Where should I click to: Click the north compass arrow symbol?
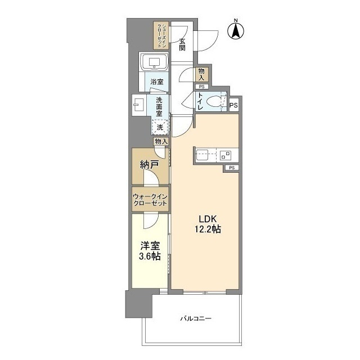point(236,31)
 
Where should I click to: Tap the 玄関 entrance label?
point(182,44)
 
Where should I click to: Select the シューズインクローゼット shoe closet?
point(161,35)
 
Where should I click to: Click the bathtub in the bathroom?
point(154,62)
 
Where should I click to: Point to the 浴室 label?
point(157,82)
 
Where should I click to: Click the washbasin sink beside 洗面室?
point(139,105)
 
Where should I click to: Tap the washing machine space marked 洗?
point(160,127)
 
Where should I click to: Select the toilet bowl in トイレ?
point(214,102)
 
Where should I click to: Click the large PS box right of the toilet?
point(234,105)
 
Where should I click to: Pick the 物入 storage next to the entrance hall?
point(201,74)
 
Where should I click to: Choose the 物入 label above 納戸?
point(161,142)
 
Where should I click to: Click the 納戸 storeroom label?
point(150,165)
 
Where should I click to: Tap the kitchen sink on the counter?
point(202,155)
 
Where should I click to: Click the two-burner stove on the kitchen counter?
point(225,155)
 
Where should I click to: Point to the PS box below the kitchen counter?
point(232,168)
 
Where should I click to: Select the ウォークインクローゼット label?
point(150,200)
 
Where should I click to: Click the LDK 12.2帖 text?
point(208,224)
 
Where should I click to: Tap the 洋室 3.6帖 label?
point(150,251)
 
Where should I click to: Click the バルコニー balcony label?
point(196,318)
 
